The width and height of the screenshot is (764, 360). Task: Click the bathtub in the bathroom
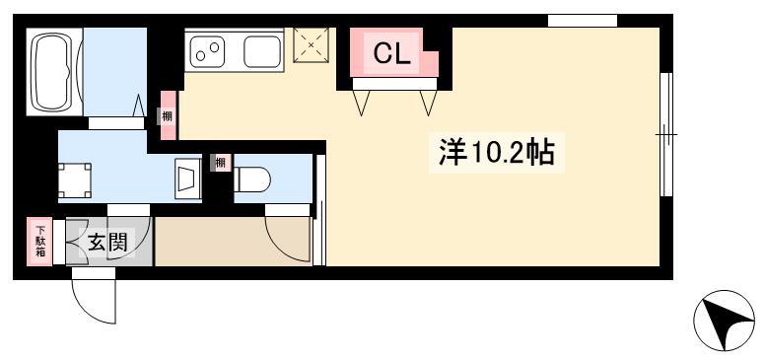tap(54, 71)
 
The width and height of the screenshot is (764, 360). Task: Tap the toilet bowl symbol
tap(252, 180)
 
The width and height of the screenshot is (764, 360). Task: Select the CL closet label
tap(392, 54)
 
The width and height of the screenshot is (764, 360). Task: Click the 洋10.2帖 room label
tap(497, 153)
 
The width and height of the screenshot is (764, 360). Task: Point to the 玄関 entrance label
tap(107, 242)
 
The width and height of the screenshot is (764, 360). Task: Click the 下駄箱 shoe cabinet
tap(39, 242)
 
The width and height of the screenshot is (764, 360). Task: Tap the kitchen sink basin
tap(262, 51)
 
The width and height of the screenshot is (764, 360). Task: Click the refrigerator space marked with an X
tap(312, 45)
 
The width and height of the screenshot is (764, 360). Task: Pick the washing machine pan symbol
tap(75, 180)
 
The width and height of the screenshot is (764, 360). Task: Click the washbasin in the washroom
tap(188, 180)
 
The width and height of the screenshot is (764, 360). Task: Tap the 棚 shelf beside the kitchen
tap(168, 115)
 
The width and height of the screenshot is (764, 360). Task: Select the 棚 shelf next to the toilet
tap(221, 163)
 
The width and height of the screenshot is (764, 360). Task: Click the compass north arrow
tap(724, 321)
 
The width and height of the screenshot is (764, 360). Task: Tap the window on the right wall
tap(666, 134)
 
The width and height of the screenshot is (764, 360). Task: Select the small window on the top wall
tap(583, 21)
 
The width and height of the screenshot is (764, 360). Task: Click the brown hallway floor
tap(233, 242)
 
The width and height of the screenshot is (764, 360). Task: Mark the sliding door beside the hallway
tap(319, 210)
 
